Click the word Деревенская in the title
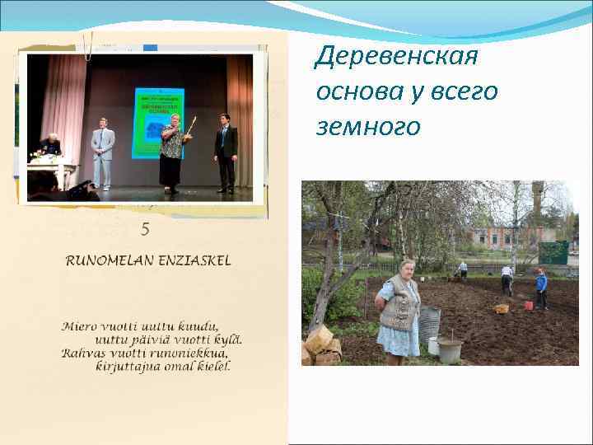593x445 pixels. click(396, 57)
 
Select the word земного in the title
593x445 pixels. click(367, 127)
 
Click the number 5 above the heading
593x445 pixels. click(145, 231)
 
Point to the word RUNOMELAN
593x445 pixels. click(109, 261)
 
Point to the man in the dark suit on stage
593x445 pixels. click(226, 152)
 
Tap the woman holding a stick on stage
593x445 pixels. click(172, 153)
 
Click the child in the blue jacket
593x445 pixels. click(541, 288)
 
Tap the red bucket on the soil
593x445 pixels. click(528, 305)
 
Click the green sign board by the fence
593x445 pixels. click(553, 252)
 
